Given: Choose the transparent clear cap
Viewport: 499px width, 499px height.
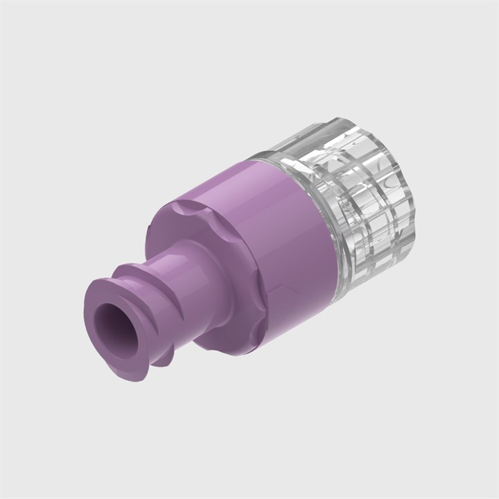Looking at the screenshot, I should [x=360, y=208].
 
